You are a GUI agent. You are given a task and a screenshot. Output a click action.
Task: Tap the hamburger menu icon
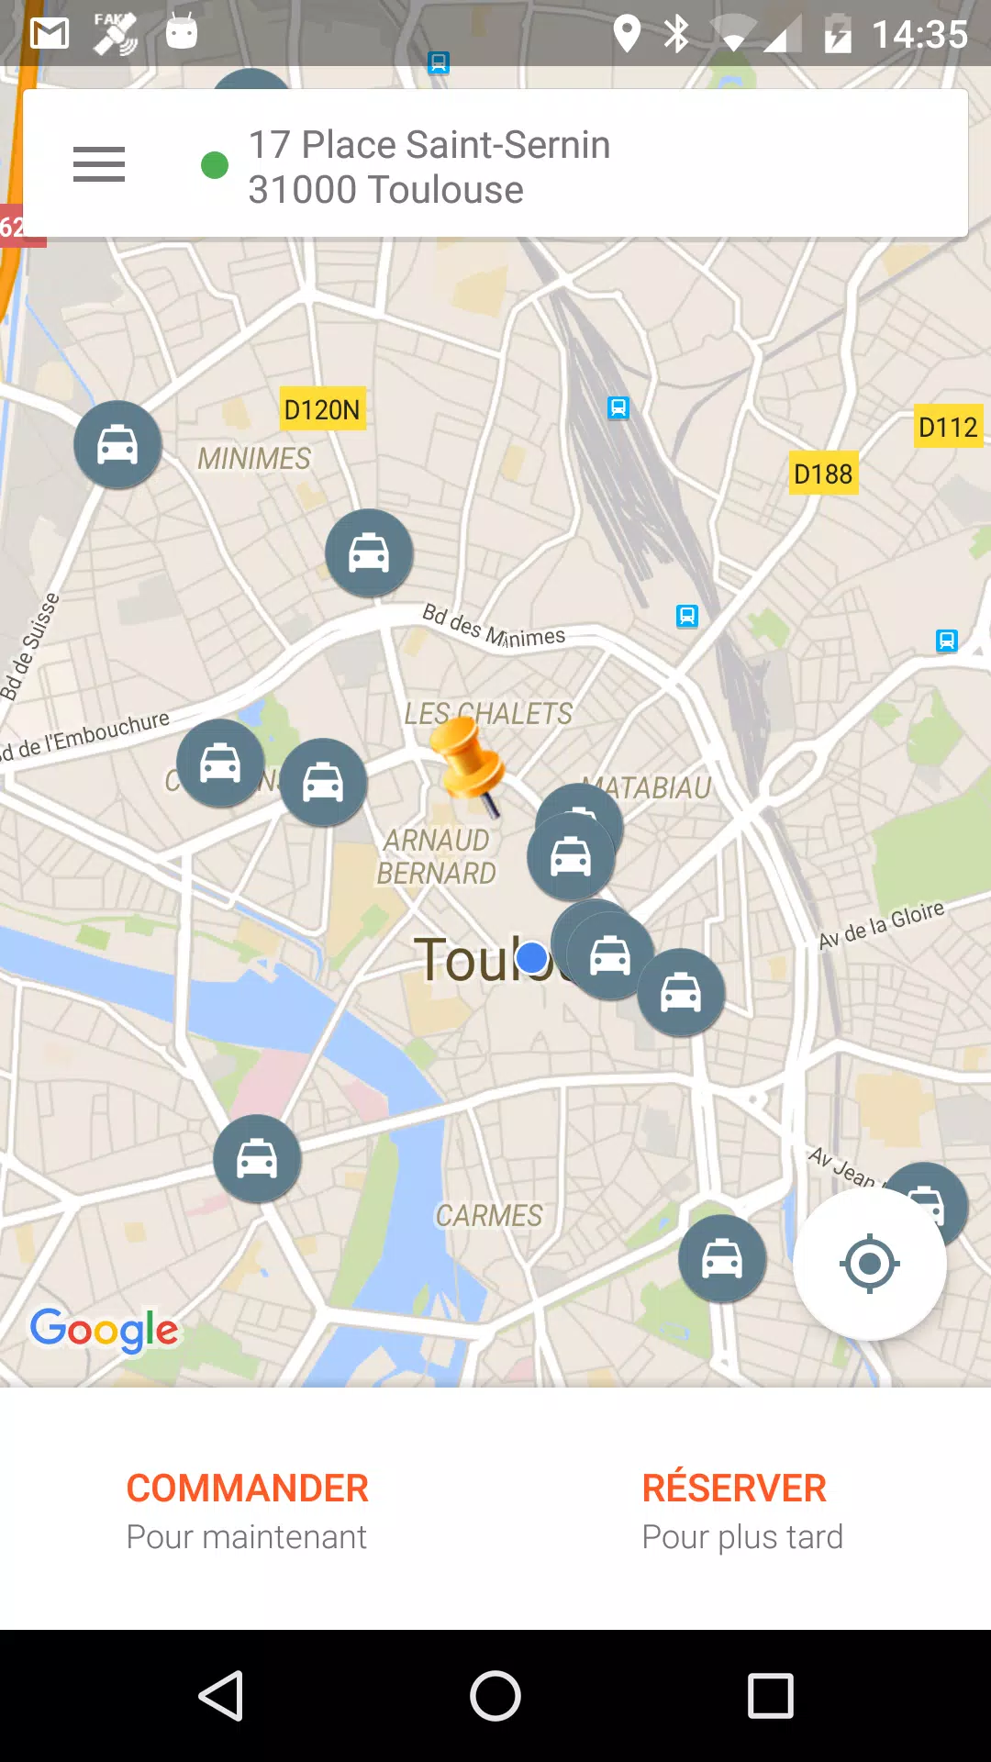coord(99,164)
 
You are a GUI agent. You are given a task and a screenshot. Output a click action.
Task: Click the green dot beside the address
coord(215,165)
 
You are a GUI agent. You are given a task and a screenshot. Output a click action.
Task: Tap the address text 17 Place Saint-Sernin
coord(429,145)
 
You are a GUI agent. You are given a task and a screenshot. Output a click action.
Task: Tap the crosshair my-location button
coord(869,1264)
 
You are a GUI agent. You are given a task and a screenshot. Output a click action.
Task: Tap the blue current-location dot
coord(531,958)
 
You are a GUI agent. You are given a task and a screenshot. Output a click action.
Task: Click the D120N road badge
coord(322,409)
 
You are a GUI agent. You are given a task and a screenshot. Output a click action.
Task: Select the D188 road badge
coord(823,474)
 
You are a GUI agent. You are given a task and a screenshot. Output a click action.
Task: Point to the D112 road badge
coord(948,427)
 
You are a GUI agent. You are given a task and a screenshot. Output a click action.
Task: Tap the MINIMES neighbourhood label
coord(254,458)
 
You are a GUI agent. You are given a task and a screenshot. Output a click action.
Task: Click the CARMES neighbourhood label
coord(489,1216)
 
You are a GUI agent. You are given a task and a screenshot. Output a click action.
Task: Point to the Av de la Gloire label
coord(881,924)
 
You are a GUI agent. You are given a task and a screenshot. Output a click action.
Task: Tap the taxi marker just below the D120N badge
coord(369,553)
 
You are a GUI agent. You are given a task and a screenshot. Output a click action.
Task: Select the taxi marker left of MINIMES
coord(118,445)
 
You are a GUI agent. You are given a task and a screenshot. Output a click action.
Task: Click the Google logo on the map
coord(105,1330)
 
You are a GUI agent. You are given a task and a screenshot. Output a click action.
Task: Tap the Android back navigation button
coord(221,1695)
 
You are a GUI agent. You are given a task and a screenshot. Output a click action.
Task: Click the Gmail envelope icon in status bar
coord(50,34)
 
